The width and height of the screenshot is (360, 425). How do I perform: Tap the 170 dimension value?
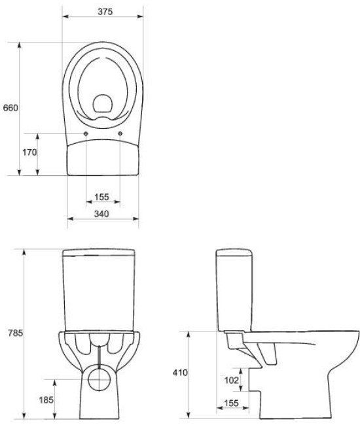click(x=28, y=152)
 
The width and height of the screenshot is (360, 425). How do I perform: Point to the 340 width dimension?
click(x=101, y=214)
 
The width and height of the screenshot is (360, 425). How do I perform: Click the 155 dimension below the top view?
click(x=101, y=197)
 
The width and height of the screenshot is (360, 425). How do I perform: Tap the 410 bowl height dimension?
click(x=181, y=373)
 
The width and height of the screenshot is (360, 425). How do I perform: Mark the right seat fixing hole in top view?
click(x=122, y=133)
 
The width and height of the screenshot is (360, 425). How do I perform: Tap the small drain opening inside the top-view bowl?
click(x=103, y=103)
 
